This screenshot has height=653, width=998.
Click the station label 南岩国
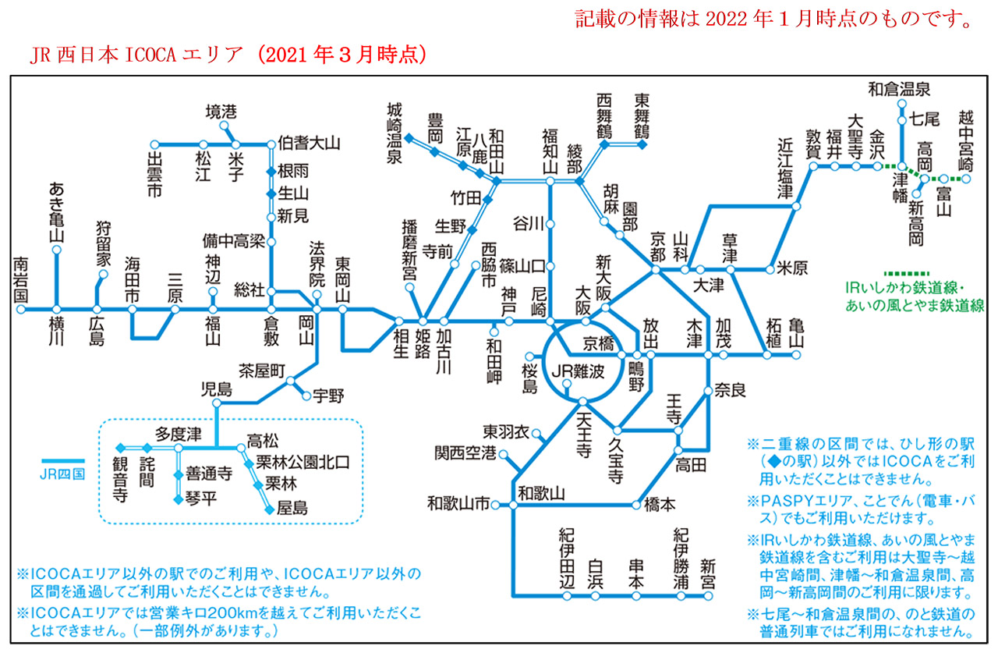[20, 281]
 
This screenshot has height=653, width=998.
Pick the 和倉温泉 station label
[899, 89]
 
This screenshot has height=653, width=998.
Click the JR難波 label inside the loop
[578, 371]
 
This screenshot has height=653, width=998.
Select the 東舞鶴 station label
[642, 115]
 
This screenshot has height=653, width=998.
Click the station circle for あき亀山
[56, 250]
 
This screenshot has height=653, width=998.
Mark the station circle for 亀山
[796, 355]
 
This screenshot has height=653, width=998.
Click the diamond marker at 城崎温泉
[409, 138]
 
